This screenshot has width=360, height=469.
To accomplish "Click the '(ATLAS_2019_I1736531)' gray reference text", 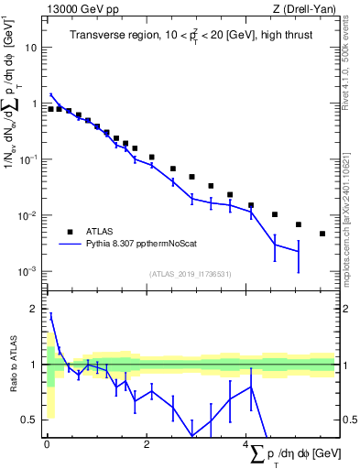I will (190, 274).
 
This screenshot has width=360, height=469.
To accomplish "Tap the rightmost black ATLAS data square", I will (322, 234).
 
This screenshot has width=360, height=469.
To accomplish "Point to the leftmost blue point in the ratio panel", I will (51, 314).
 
